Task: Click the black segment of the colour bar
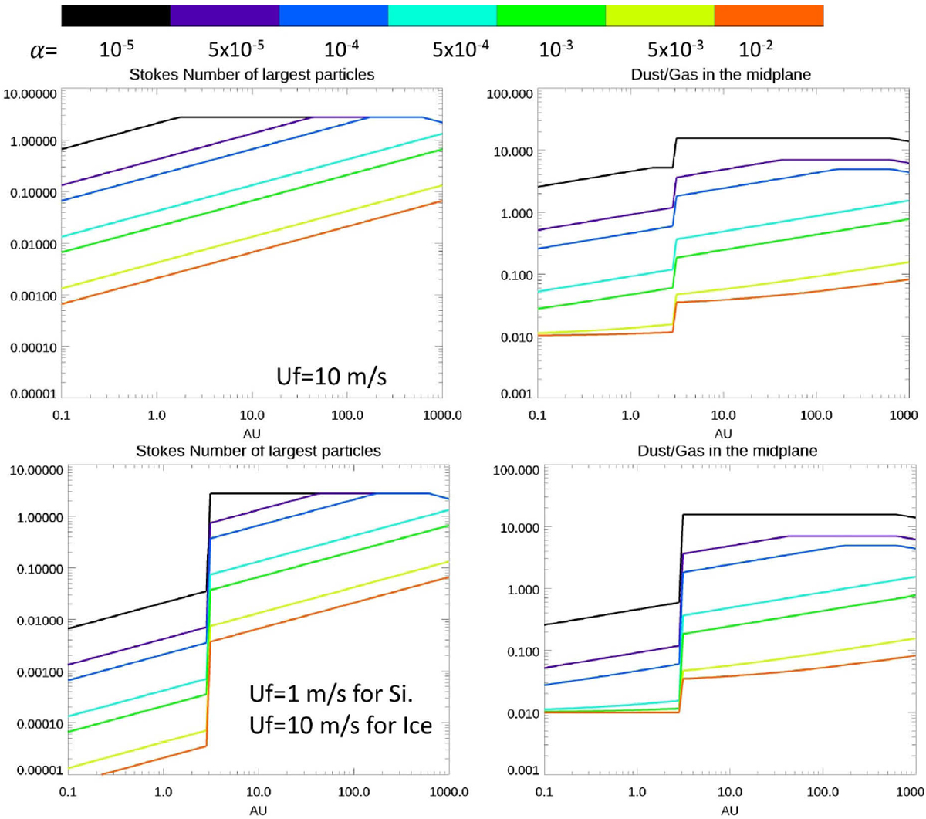pyautogui.click(x=116, y=15)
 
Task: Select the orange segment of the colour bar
pyautogui.click(x=769, y=15)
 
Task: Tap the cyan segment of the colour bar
pyautogui.click(x=441, y=15)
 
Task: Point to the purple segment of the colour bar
pyautogui.click(x=225, y=15)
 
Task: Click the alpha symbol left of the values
pyautogui.click(x=43, y=52)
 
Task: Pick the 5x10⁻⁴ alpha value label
pyautogui.click(x=461, y=49)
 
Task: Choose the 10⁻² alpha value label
pyautogui.click(x=755, y=49)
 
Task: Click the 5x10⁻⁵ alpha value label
pyautogui.click(x=236, y=49)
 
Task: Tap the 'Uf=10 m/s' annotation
pyautogui.click(x=331, y=376)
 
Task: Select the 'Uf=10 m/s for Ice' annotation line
pyautogui.click(x=340, y=726)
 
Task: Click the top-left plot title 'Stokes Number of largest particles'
pyautogui.click(x=252, y=75)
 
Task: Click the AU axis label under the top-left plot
pyautogui.click(x=252, y=434)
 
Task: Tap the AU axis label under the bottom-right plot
pyautogui.click(x=729, y=811)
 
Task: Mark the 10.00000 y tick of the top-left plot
pyautogui.click(x=30, y=94)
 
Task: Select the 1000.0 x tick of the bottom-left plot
pyautogui.click(x=449, y=792)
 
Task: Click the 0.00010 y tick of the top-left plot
pyautogui.click(x=30, y=347)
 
